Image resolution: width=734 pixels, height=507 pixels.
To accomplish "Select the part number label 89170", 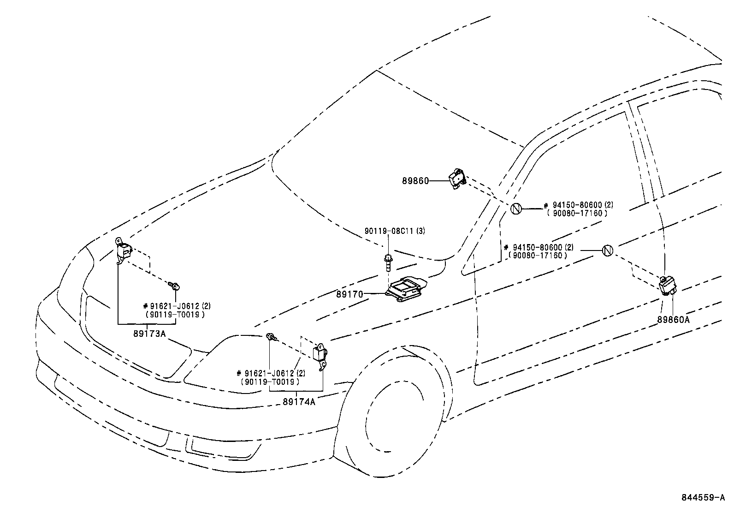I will click(350, 293).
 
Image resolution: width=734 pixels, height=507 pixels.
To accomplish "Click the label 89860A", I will click(674, 319).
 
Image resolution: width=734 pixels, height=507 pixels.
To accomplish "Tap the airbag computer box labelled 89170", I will click(406, 290).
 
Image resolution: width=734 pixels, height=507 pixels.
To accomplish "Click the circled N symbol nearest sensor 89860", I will click(516, 209).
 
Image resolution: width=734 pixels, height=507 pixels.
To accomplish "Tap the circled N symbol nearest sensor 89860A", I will click(607, 251).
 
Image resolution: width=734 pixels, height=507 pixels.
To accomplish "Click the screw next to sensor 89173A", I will click(174, 286).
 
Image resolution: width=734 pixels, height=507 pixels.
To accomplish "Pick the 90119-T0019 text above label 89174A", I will click(270, 382).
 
